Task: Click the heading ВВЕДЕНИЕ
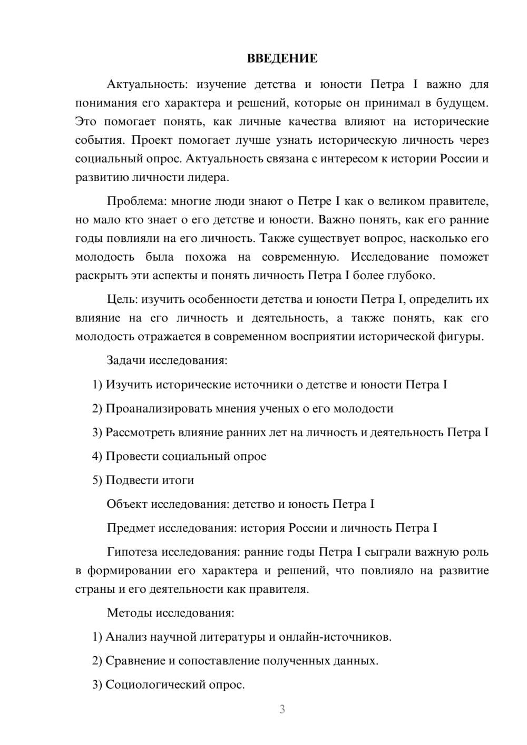point(282,58)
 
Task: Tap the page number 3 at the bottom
point(282,709)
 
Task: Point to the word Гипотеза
point(132,552)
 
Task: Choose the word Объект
point(127,504)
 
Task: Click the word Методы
point(129,613)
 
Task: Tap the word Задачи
point(126,361)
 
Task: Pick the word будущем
point(462,103)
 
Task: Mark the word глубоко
point(414,276)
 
